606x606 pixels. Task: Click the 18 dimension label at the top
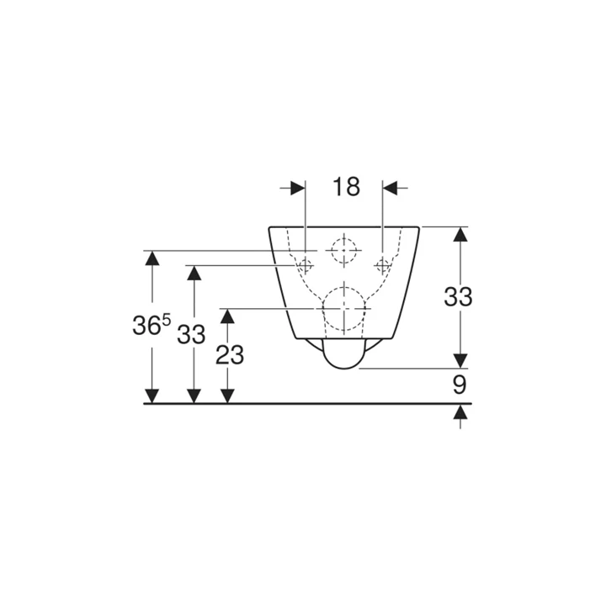coord(345,187)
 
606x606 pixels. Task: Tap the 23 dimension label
coord(229,355)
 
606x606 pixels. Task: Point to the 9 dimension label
coord(460,385)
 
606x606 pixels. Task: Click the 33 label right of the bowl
coord(459,296)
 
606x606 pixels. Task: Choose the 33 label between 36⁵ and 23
coord(192,334)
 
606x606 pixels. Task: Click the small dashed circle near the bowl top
coord(344,251)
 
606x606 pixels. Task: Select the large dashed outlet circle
coord(344,308)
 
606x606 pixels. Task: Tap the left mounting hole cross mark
coord(305,266)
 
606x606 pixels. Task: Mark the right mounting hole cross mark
coord(384,266)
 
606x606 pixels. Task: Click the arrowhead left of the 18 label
coord(296,188)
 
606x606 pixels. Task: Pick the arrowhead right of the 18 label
coord(393,188)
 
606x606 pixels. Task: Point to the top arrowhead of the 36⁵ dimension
coord(151,258)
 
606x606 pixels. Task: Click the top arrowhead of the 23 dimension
coord(226,316)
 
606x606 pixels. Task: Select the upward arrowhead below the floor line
coord(460,412)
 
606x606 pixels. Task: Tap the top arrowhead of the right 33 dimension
coord(460,235)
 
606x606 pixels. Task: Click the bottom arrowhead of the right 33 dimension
coord(460,359)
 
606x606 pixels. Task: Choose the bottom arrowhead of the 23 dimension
coord(226,395)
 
